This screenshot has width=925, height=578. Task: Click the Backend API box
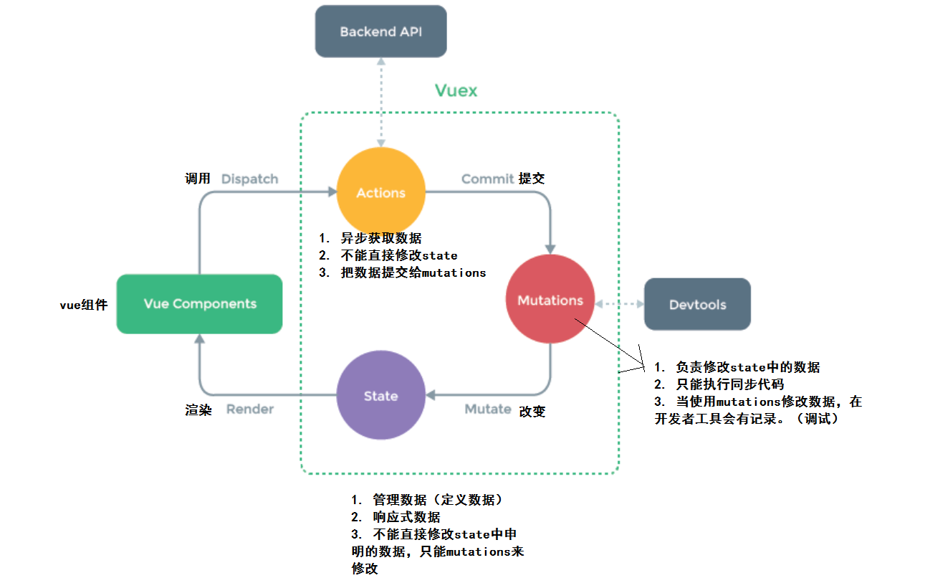(x=380, y=32)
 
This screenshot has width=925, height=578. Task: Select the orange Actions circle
(x=380, y=192)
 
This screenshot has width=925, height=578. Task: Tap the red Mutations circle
(x=550, y=300)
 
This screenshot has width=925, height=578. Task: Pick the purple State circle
(x=380, y=395)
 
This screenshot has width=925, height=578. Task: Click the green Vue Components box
(x=199, y=304)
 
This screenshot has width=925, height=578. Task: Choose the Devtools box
(x=697, y=305)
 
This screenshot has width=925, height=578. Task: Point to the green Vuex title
(x=456, y=90)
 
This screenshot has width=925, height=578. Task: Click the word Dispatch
(x=249, y=179)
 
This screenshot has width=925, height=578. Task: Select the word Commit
(x=487, y=179)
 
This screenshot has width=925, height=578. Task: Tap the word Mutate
(x=488, y=409)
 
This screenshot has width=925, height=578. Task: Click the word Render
(x=250, y=409)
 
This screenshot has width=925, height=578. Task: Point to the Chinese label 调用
(x=198, y=179)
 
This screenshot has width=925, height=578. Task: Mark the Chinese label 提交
(x=532, y=179)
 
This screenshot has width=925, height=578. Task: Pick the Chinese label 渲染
(x=198, y=410)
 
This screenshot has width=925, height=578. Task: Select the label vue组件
(x=83, y=305)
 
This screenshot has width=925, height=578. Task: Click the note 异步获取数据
(x=380, y=238)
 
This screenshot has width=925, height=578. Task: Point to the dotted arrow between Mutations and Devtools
(x=619, y=304)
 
